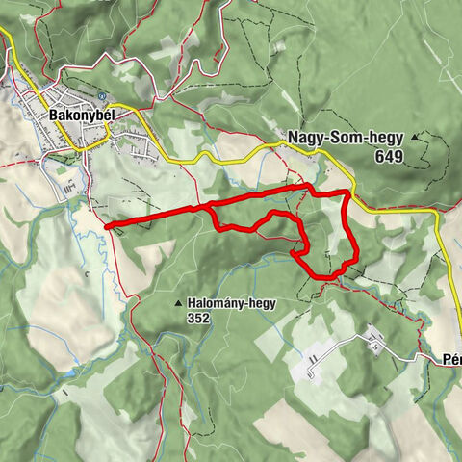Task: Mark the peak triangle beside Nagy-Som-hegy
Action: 415,138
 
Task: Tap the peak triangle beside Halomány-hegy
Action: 178,303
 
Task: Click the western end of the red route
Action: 107,226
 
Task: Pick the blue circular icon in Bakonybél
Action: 101,97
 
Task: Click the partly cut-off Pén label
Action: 452,357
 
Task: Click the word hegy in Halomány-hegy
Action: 261,303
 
